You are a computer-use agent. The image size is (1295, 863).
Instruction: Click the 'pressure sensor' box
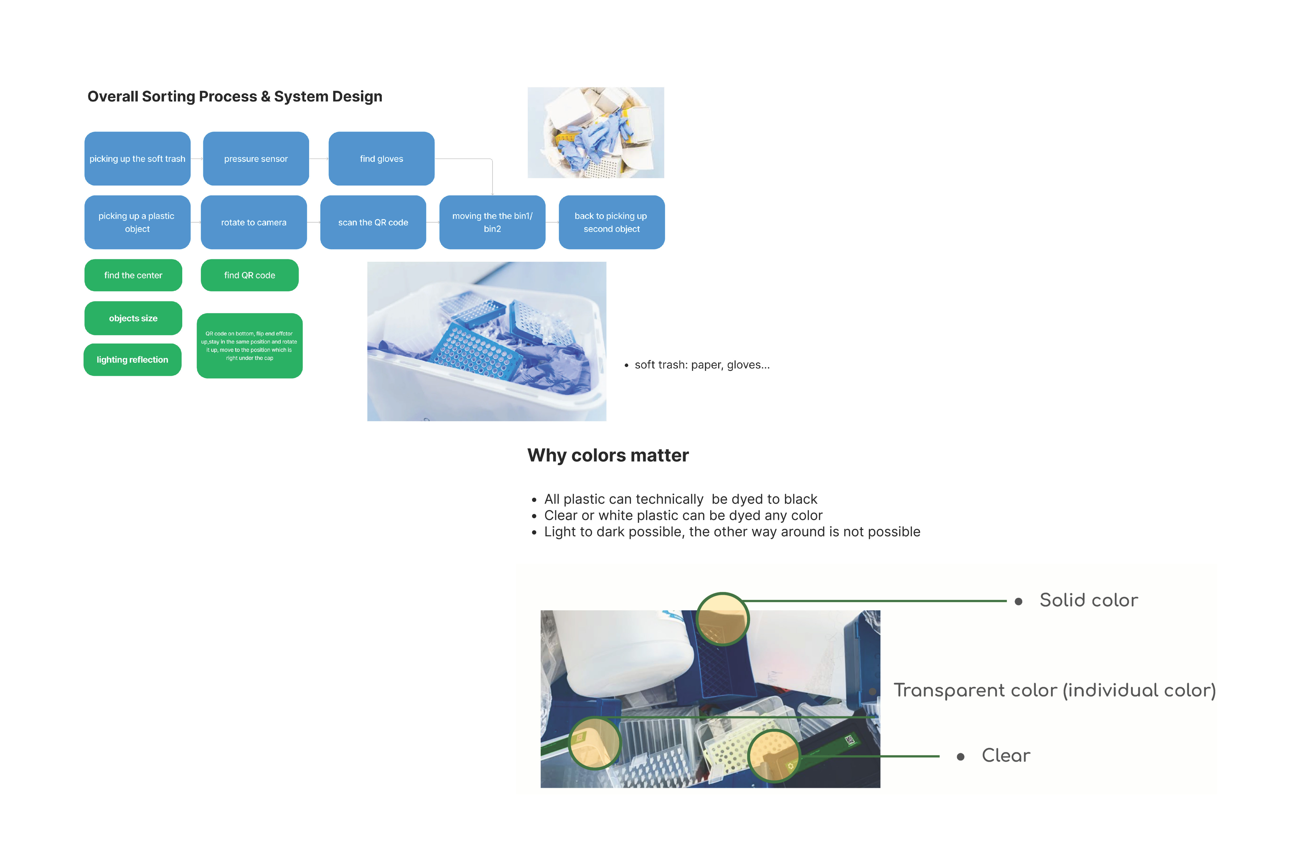click(x=256, y=158)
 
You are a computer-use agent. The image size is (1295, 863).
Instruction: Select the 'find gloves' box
click(x=382, y=158)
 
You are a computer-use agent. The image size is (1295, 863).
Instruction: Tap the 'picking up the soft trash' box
click(x=137, y=158)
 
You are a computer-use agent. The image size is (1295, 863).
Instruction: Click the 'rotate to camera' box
click(x=254, y=222)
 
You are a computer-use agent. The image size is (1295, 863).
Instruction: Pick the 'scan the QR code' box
click(x=373, y=222)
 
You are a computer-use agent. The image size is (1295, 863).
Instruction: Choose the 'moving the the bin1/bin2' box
click(x=492, y=222)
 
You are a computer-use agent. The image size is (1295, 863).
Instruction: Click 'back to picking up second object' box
click(x=612, y=222)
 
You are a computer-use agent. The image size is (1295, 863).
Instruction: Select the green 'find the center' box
click(x=133, y=275)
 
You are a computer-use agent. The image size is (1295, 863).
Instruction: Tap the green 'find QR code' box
click(x=249, y=275)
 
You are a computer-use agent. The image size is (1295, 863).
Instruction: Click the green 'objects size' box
click(x=133, y=318)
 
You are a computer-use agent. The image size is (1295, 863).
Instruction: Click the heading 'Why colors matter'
click(x=608, y=456)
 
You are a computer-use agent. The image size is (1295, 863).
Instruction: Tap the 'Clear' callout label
click(x=1006, y=756)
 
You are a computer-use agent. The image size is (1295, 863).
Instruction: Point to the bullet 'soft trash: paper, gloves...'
click(x=702, y=365)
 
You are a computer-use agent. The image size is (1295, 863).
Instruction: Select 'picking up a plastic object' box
click(x=137, y=222)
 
